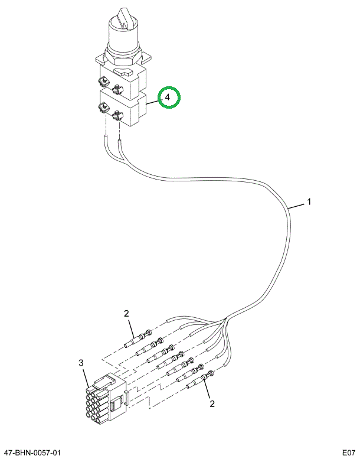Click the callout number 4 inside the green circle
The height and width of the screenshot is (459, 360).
168,97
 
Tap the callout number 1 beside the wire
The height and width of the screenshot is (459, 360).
309,202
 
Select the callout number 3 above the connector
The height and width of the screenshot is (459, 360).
81,363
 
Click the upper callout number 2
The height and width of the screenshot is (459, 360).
126,314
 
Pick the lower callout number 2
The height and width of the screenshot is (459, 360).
212,404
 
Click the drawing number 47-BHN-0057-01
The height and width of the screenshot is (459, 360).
31,453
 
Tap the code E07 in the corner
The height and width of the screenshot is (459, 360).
349,453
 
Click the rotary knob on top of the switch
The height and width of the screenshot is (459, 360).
123,30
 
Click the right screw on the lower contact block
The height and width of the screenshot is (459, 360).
117,115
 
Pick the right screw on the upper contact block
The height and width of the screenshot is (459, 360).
117,89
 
